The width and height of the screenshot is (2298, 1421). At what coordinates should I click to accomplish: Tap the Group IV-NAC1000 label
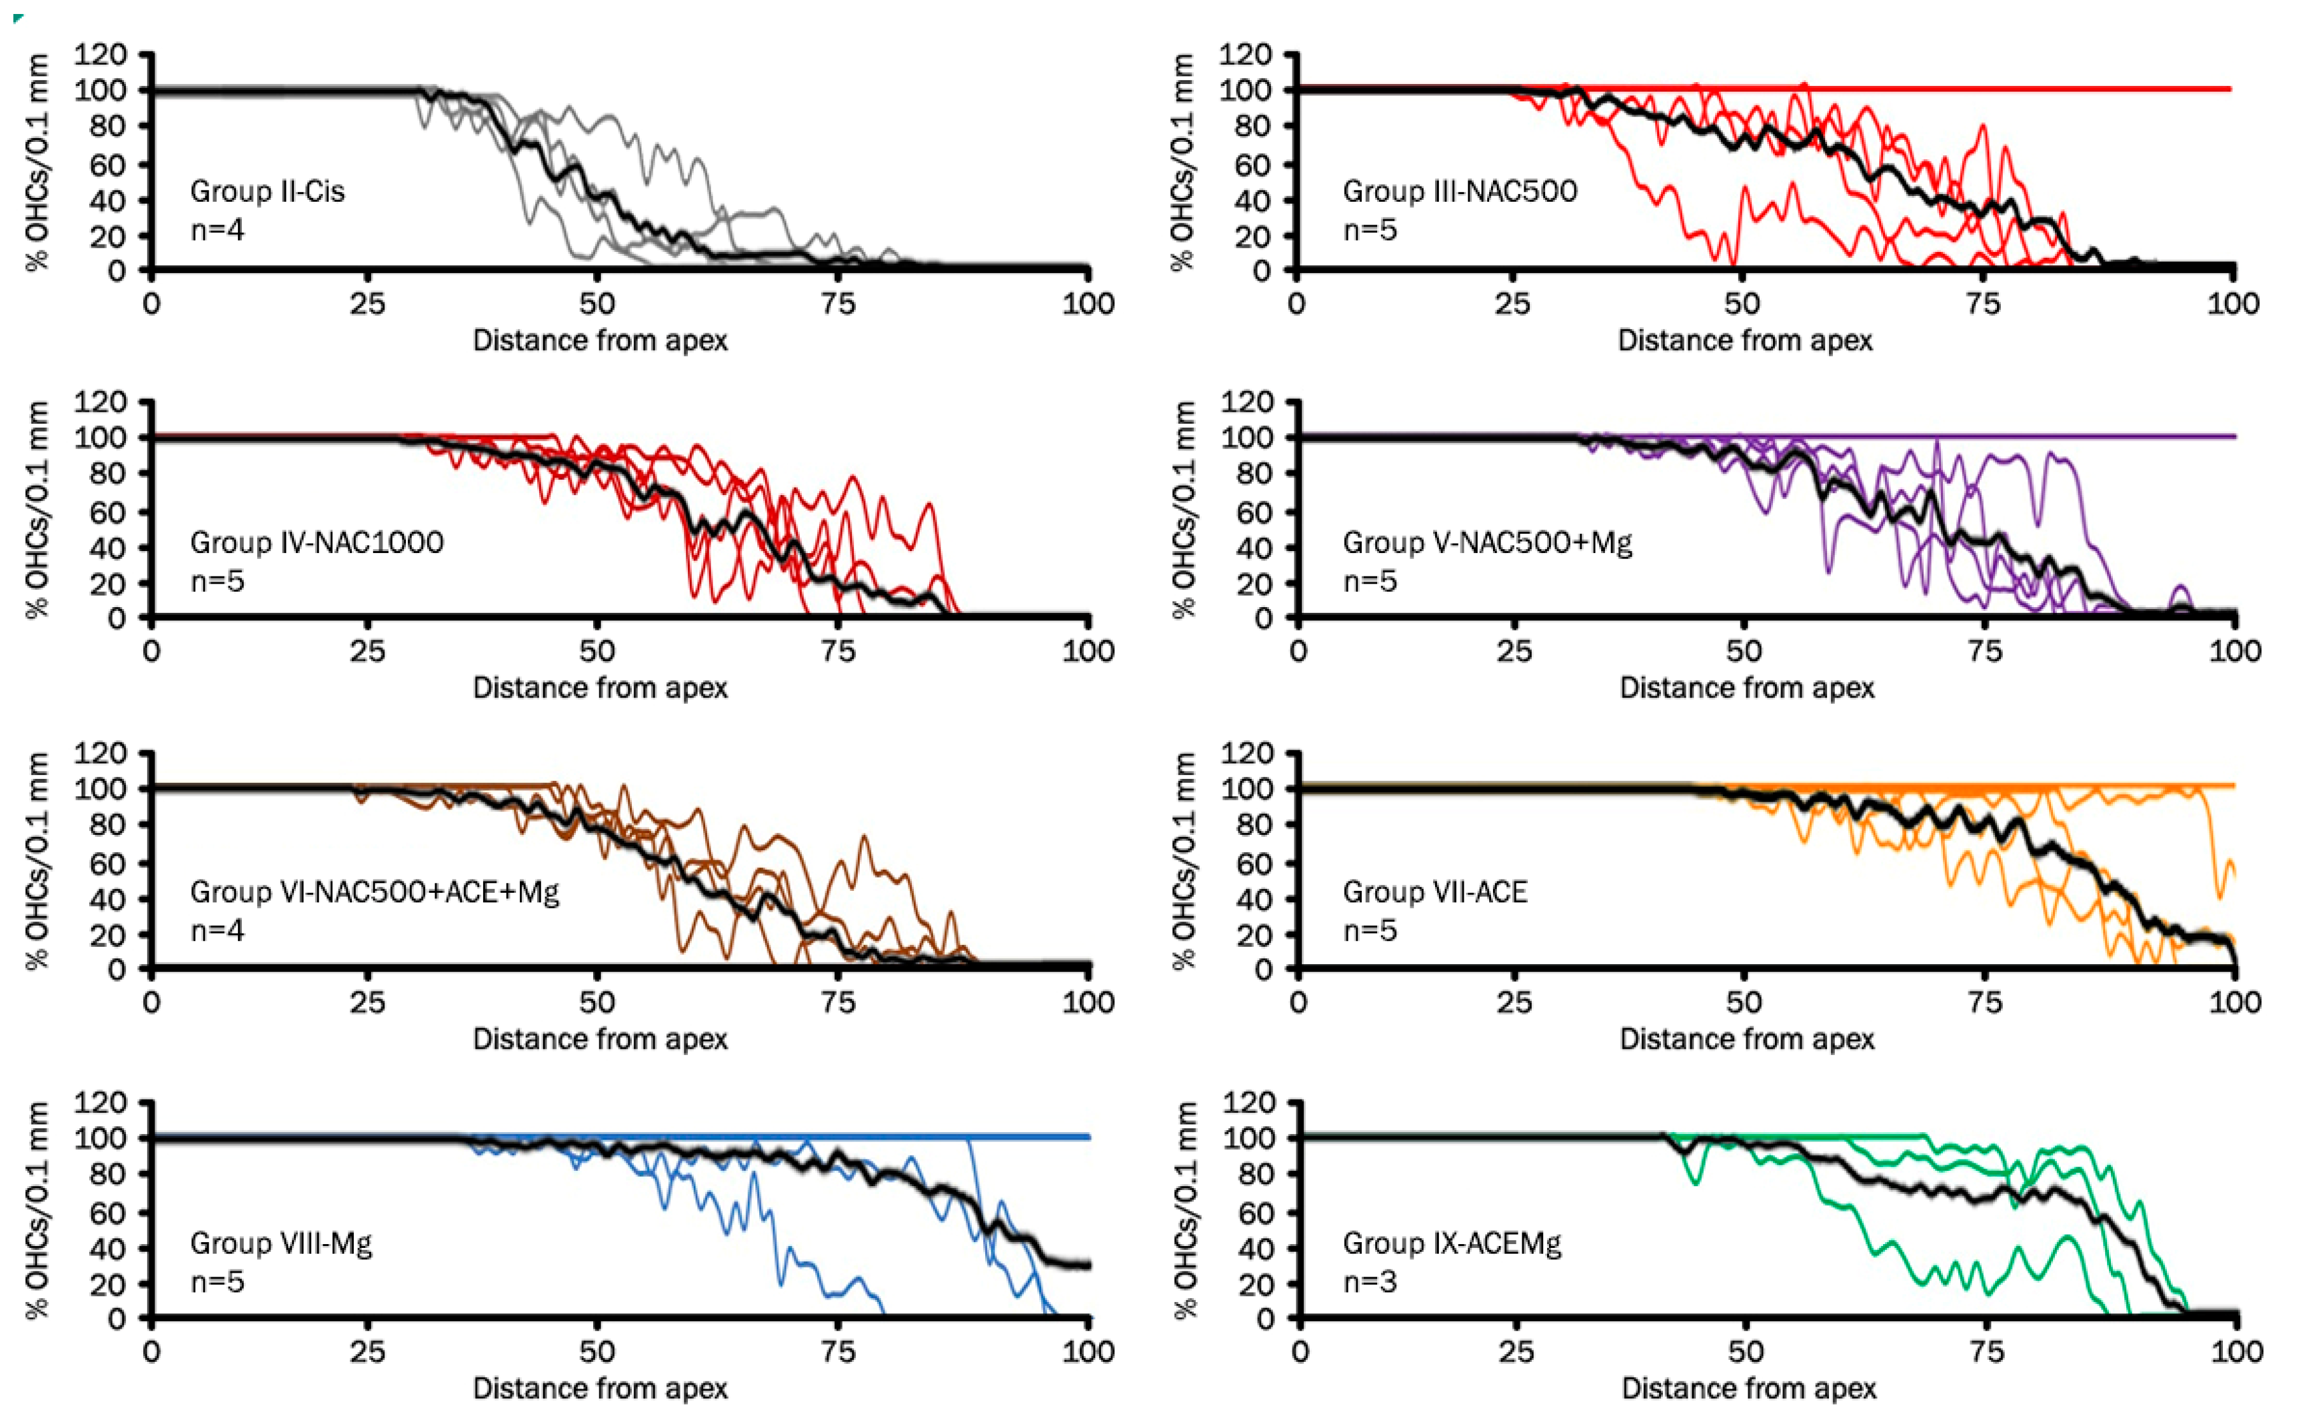click(317, 542)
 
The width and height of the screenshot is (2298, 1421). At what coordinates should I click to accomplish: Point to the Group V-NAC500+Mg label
click(1487, 542)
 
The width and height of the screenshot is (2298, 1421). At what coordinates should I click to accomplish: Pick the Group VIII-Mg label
click(281, 1243)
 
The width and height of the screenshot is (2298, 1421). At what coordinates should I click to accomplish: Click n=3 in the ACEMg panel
click(1370, 1282)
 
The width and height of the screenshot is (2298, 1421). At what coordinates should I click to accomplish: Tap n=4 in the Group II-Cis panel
click(217, 229)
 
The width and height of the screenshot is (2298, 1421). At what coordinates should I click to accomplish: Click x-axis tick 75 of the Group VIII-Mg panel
click(837, 1352)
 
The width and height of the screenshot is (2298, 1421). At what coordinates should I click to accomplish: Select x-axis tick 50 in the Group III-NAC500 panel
click(1742, 304)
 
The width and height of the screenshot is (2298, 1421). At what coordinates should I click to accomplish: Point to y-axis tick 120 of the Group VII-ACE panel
click(1247, 753)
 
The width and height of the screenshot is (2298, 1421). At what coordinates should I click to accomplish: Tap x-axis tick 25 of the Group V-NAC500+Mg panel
click(1514, 651)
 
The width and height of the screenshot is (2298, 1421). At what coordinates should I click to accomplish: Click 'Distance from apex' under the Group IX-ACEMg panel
click(1748, 1388)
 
